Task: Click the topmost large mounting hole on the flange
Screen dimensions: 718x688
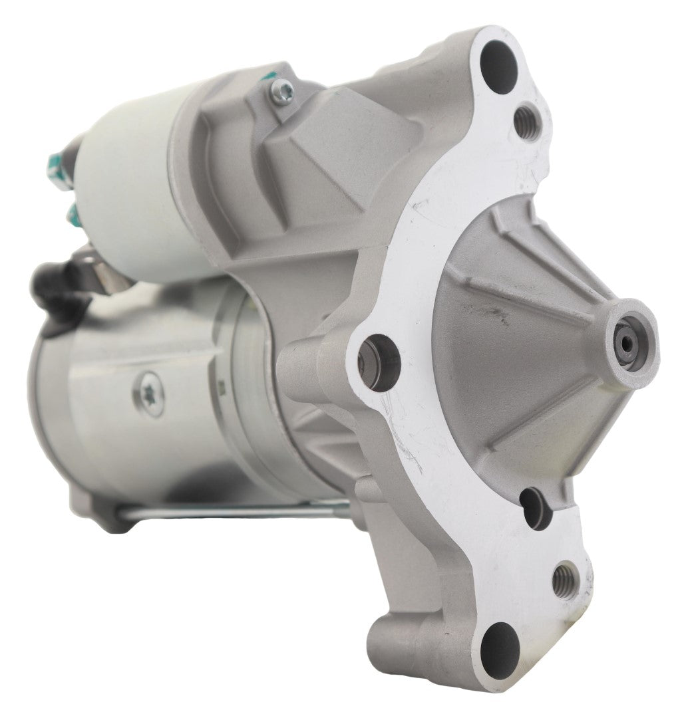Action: coord(499,60)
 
